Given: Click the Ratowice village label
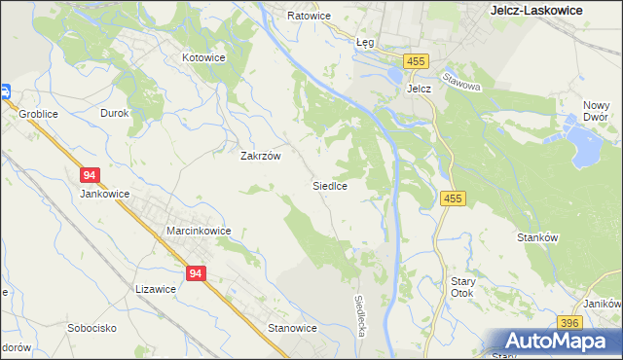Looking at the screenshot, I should pos(310,17).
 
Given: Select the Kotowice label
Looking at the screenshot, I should pos(204,57).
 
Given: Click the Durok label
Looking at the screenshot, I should pos(115,113).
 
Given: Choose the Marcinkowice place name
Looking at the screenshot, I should pos(198,231).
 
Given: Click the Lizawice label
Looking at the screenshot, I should pos(156,289).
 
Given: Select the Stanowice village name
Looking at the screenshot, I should pos(293,328).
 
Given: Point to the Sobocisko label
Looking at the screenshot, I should pos(92,328).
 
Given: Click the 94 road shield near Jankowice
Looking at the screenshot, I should pos(90,175).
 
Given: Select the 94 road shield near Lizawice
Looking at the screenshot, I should pos(197,274).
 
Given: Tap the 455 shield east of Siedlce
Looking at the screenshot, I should pos(454,198).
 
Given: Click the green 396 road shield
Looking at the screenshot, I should pos(570,323).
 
